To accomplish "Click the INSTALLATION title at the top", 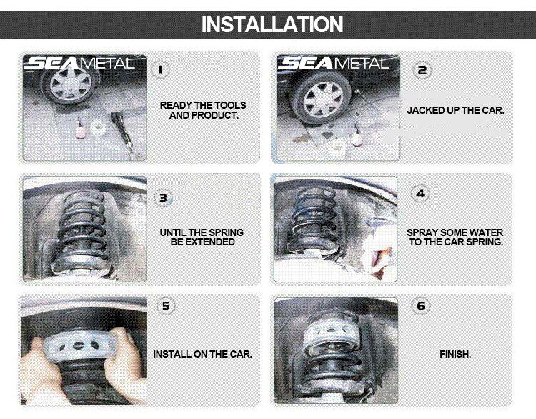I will click(x=272, y=24).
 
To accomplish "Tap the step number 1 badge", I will click(x=162, y=69).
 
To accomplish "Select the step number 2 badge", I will click(x=422, y=69).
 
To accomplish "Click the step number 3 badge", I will click(x=164, y=198).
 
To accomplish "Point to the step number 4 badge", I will click(x=421, y=194).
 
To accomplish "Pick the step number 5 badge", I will click(x=166, y=306).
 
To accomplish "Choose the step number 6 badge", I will click(x=421, y=306).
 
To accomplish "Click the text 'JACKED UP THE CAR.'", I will click(x=455, y=111).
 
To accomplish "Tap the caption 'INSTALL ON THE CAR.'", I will click(x=202, y=354).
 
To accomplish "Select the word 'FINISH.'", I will click(x=455, y=354).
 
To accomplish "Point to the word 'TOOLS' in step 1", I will click(x=226, y=105).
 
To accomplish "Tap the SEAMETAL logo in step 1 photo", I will click(x=79, y=64).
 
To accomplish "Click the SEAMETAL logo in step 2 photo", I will click(x=334, y=64).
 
